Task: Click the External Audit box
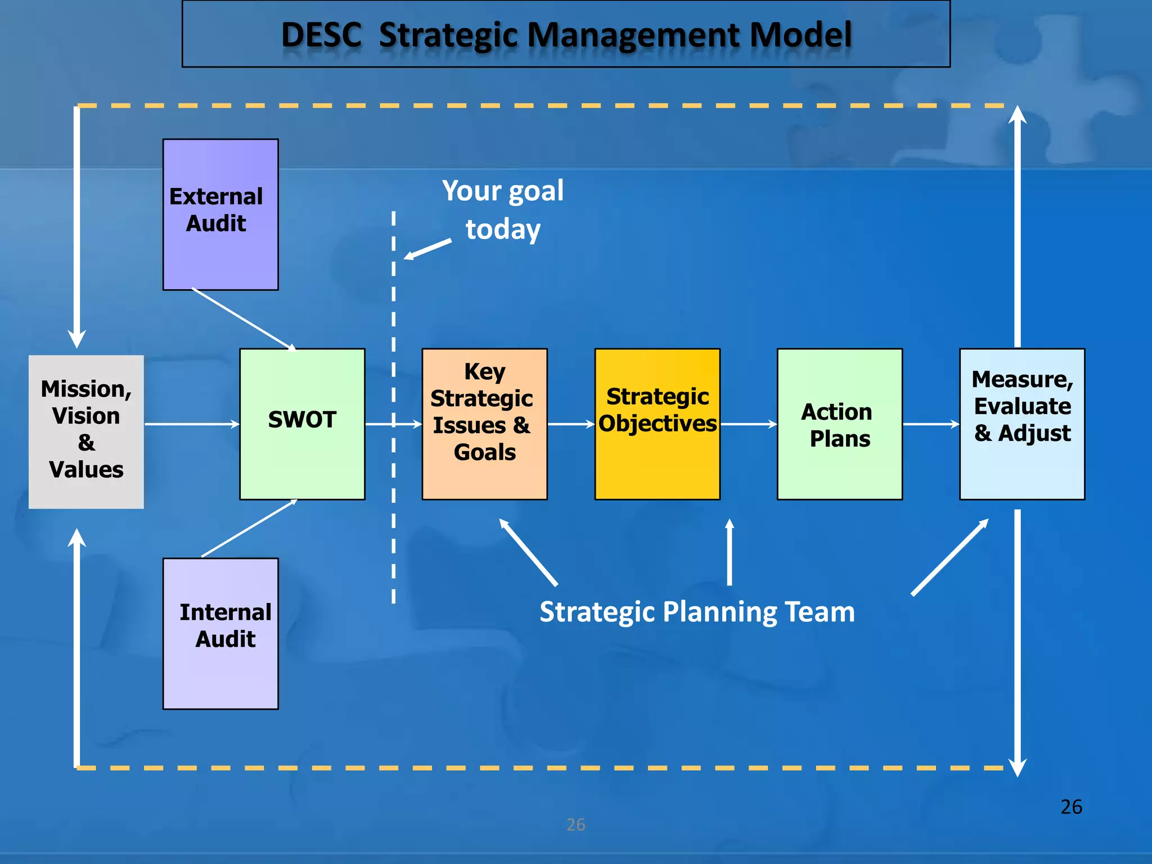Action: point(220,214)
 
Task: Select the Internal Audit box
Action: point(220,633)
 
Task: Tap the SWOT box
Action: point(302,424)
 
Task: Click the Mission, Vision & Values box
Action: point(86,431)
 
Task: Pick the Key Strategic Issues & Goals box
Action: point(484,424)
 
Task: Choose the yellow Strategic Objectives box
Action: point(657,424)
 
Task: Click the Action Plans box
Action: point(839,424)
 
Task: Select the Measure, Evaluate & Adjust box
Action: point(1021,424)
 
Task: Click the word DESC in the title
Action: point(321,35)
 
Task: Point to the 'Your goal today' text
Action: point(502,209)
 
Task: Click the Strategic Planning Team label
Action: point(696,611)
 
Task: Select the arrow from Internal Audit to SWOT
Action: point(249,528)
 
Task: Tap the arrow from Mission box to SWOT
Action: point(191,424)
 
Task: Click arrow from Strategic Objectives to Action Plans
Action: point(748,424)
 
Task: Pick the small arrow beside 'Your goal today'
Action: point(427,249)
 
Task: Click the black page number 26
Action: point(1071,807)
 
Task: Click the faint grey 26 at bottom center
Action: point(575,825)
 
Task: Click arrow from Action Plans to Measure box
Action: point(930,424)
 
